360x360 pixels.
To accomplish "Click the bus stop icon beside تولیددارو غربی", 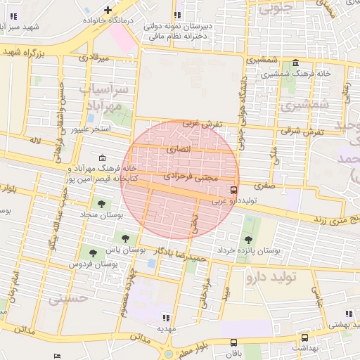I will click(x=233, y=189).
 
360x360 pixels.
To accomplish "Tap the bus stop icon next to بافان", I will click(x=233, y=342).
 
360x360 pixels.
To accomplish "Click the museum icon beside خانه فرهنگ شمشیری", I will click(x=292, y=63).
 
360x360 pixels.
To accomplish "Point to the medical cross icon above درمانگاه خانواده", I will click(x=107, y=10).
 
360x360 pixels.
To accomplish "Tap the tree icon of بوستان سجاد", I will click(x=103, y=205).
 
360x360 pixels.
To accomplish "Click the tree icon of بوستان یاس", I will click(x=125, y=239).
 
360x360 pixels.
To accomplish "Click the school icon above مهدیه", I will click(x=165, y=317).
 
